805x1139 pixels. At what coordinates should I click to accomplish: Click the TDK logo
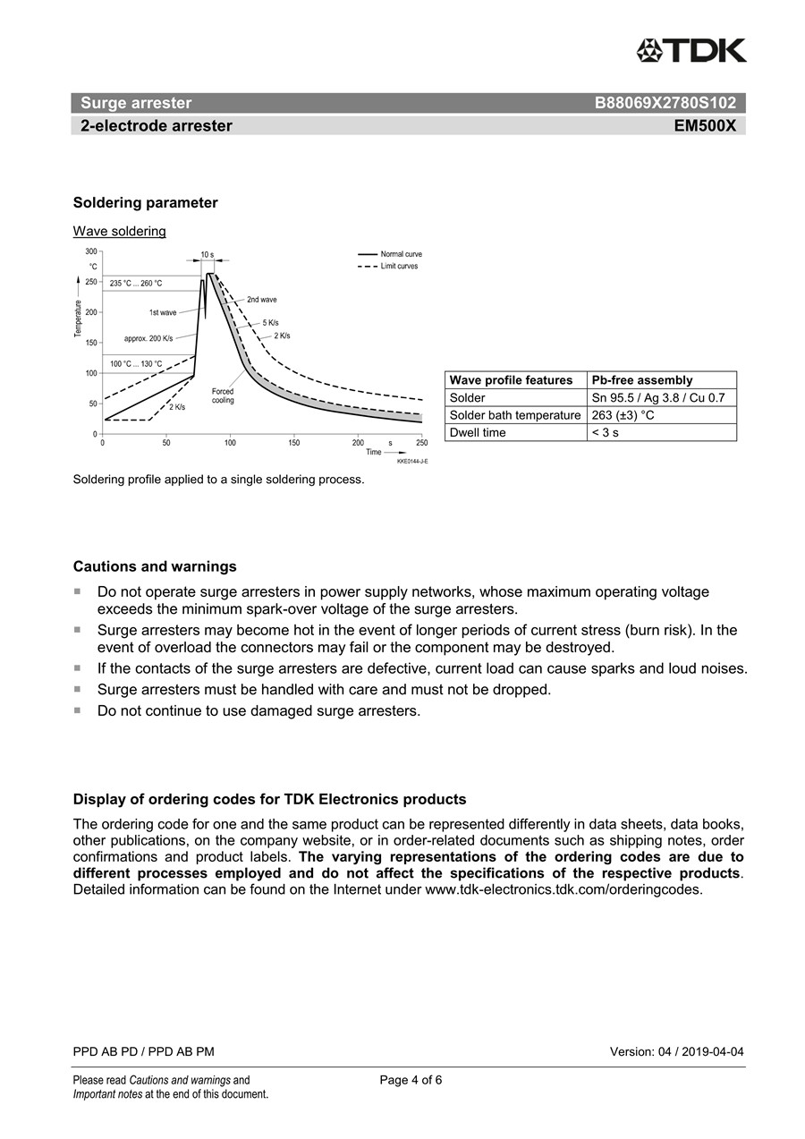(x=691, y=51)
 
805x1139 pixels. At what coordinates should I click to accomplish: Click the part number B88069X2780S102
(x=665, y=103)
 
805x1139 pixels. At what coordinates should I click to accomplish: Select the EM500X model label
(x=705, y=126)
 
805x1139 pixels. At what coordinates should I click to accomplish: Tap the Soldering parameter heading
(x=145, y=203)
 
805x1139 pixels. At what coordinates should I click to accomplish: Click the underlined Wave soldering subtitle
(x=119, y=232)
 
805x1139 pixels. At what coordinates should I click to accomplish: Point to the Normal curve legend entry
(x=401, y=254)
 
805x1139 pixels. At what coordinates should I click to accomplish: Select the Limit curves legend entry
(x=399, y=266)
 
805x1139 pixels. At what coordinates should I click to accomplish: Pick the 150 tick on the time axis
(x=294, y=443)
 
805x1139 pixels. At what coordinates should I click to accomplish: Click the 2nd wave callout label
(x=261, y=299)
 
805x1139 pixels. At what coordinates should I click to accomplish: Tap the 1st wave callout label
(x=163, y=313)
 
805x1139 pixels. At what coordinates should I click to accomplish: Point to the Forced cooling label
(x=223, y=395)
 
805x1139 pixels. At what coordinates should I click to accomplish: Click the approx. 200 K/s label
(x=148, y=339)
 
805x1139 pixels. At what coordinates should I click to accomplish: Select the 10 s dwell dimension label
(x=207, y=255)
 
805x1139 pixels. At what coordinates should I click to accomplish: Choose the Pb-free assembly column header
(x=642, y=380)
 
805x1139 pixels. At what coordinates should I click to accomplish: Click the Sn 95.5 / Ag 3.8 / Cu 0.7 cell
(x=657, y=397)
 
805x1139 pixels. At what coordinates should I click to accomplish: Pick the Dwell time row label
(x=478, y=432)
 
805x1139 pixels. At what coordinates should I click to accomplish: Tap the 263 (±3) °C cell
(x=623, y=415)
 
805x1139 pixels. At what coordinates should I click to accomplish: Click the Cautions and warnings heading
(x=155, y=566)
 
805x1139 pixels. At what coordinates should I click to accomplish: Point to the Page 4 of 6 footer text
(x=411, y=1080)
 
